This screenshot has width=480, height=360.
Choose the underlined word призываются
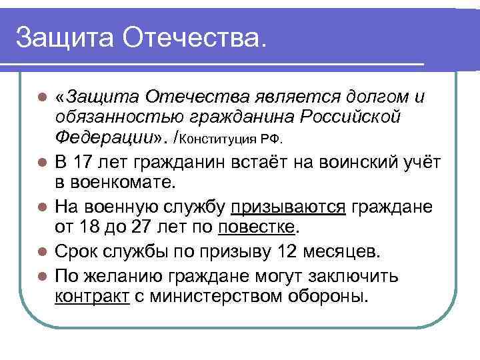click(x=289, y=206)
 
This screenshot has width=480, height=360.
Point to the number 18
click(x=97, y=227)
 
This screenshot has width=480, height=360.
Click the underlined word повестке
click(x=256, y=227)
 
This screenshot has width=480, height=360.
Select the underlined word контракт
click(x=92, y=295)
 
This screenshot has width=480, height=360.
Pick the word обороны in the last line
click(x=331, y=295)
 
